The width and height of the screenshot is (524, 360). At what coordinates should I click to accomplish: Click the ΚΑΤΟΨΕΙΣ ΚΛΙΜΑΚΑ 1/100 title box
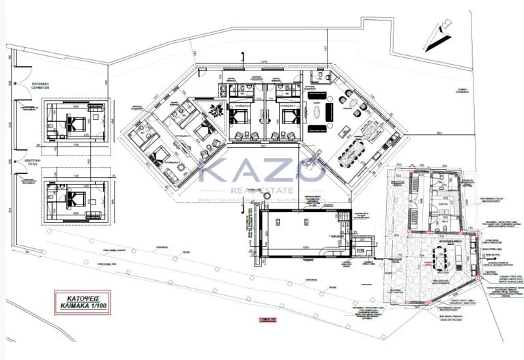coord(82,300)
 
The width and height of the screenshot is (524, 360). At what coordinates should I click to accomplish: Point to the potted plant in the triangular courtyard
coord(217,110)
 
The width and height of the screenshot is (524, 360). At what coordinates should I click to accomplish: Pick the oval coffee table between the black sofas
coord(318,110)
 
